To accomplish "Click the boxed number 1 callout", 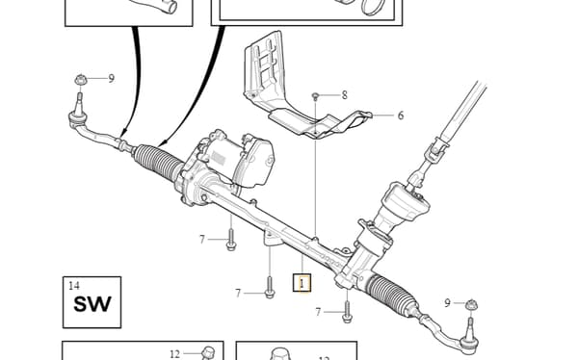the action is click(x=302, y=283).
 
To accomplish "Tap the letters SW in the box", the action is click(x=92, y=304).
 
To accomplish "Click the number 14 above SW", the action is click(x=74, y=286).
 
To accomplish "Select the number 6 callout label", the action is click(x=401, y=116).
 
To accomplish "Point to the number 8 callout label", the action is click(x=344, y=95).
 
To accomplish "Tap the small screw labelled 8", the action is click(x=315, y=96).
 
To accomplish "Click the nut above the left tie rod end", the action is click(x=80, y=80).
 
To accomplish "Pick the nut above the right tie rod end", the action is click(x=471, y=305).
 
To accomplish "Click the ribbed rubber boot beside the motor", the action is click(x=158, y=162).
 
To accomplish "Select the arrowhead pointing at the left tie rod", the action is click(x=124, y=131).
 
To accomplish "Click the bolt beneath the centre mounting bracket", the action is click(x=270, y=288).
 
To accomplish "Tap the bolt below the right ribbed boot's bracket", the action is click(x=347, y=312).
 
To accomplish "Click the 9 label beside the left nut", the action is click(x=112, y=79).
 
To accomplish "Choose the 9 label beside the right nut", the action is click(x=447, y=303).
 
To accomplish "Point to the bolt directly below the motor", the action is click(x=231, y=240).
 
